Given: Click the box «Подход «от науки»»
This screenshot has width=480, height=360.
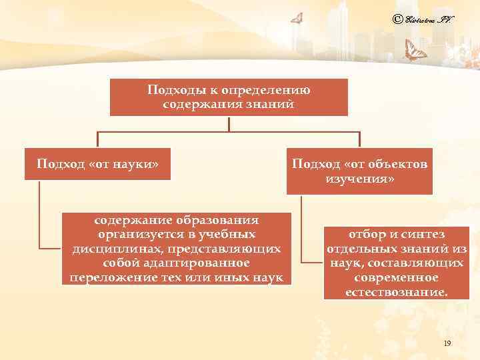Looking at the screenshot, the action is (97, 164).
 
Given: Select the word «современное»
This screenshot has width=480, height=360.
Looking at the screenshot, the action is (396, 277).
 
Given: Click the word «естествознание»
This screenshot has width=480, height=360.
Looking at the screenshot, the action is (396, 292).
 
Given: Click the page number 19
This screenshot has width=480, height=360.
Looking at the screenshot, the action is (447, 343).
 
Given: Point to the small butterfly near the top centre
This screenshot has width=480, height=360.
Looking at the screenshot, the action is (297, 19).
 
